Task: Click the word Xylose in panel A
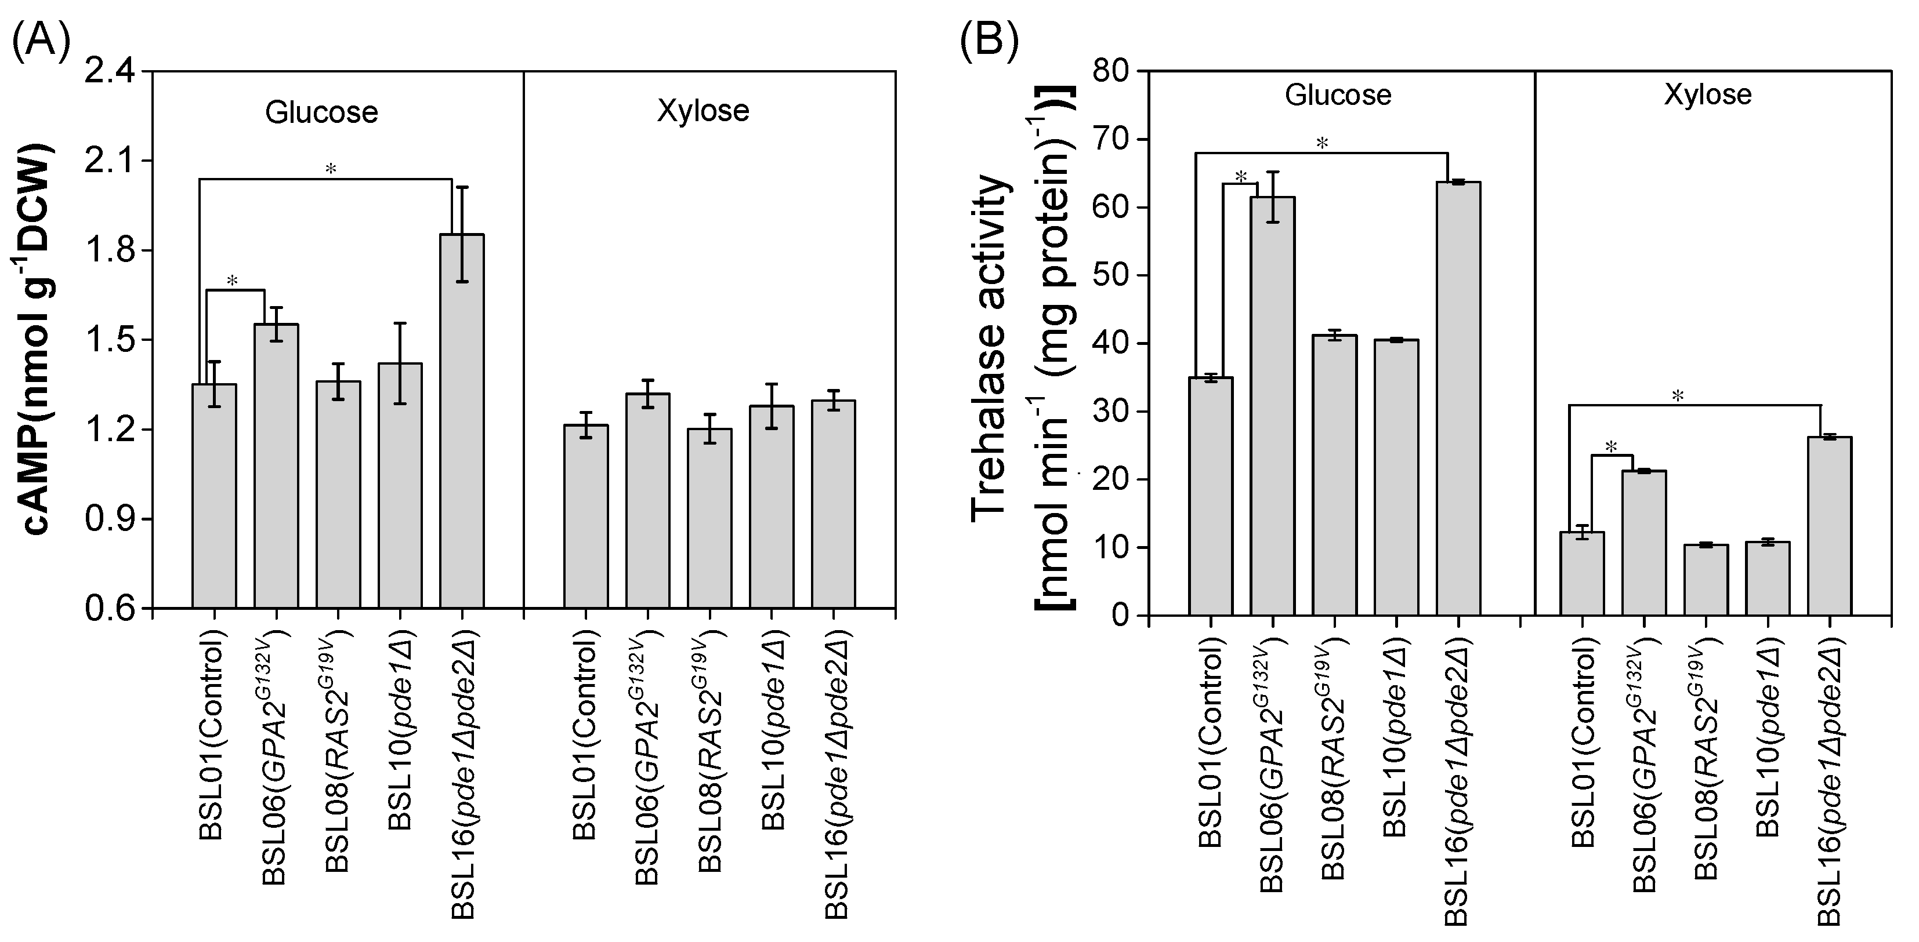(x=703, y=111)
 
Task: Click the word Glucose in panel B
(x=1338, y=95)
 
